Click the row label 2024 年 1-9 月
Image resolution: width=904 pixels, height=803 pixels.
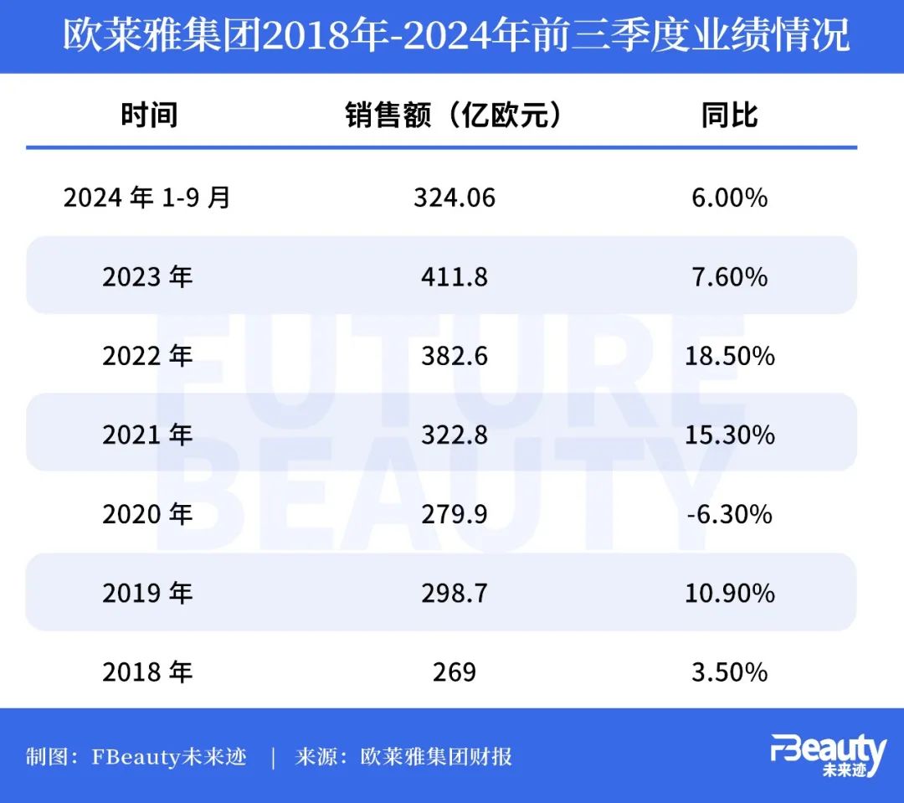click(x=147, y=198)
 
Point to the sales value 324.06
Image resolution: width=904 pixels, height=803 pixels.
click(x=455, y=198)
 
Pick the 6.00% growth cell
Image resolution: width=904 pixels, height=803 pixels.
click(x=729, y=198)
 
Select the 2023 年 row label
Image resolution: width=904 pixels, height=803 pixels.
click(x=147, y=276)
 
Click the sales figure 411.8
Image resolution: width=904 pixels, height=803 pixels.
click(x=455, y=276)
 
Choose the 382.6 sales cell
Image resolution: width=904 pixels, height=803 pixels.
click(x=455, y=356)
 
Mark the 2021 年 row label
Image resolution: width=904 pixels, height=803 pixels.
click(x=147, y=435)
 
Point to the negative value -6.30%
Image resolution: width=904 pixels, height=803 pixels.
click(x=729, y=514)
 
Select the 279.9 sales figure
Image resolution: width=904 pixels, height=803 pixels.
click(x=455, y=514)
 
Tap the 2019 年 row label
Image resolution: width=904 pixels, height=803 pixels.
click(x=147, y=593)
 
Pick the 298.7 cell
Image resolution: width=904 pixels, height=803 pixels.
click(x=455, y=593)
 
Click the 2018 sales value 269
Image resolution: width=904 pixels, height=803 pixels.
click(x=455, y=672)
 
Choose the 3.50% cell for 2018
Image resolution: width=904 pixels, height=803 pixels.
click(x=729, y=672)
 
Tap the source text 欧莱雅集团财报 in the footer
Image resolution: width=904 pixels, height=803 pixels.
click(x=436, y=758)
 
